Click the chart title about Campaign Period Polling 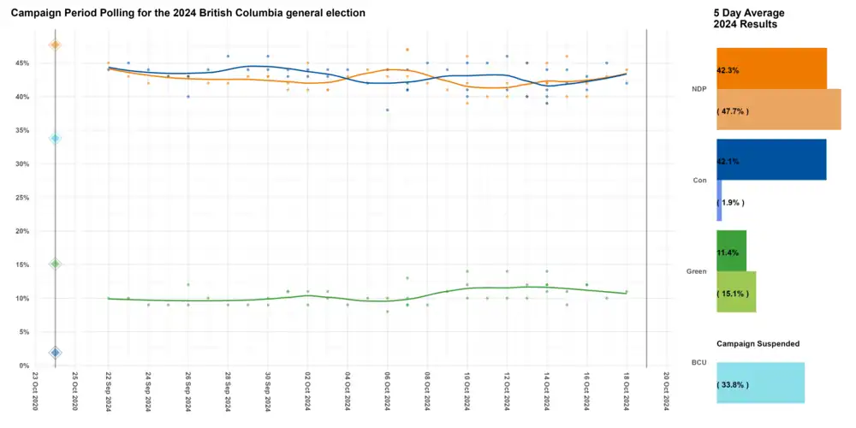pyautogui.click(x=187, y=14)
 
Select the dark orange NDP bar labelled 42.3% pyautogui.click(x=770, y=68)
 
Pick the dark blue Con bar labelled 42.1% pyautogui.click(x=770, y=159)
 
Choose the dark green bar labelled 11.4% pyautogui.click(x=731, y=251)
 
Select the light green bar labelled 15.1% pyautogui.click(x=735, y=292)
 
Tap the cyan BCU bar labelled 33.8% pyautogui.click(x=759, y=383)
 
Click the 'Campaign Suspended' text pyautogui.click(x=758, y=344)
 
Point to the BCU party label pyautogui.click(x=698, y=363)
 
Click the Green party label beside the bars pyautogui.click(x=696, y=271)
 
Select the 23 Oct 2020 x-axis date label pyautogui.click(x=35, y=389)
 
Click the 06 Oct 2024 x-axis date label pyautogui.click(x=387, y=389)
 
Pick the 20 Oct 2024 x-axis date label pyautogui.click(x=666, y=389)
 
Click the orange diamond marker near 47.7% pyautogui.click(x=55, y=45)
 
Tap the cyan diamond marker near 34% pyautogui.click(x=55, y=138)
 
